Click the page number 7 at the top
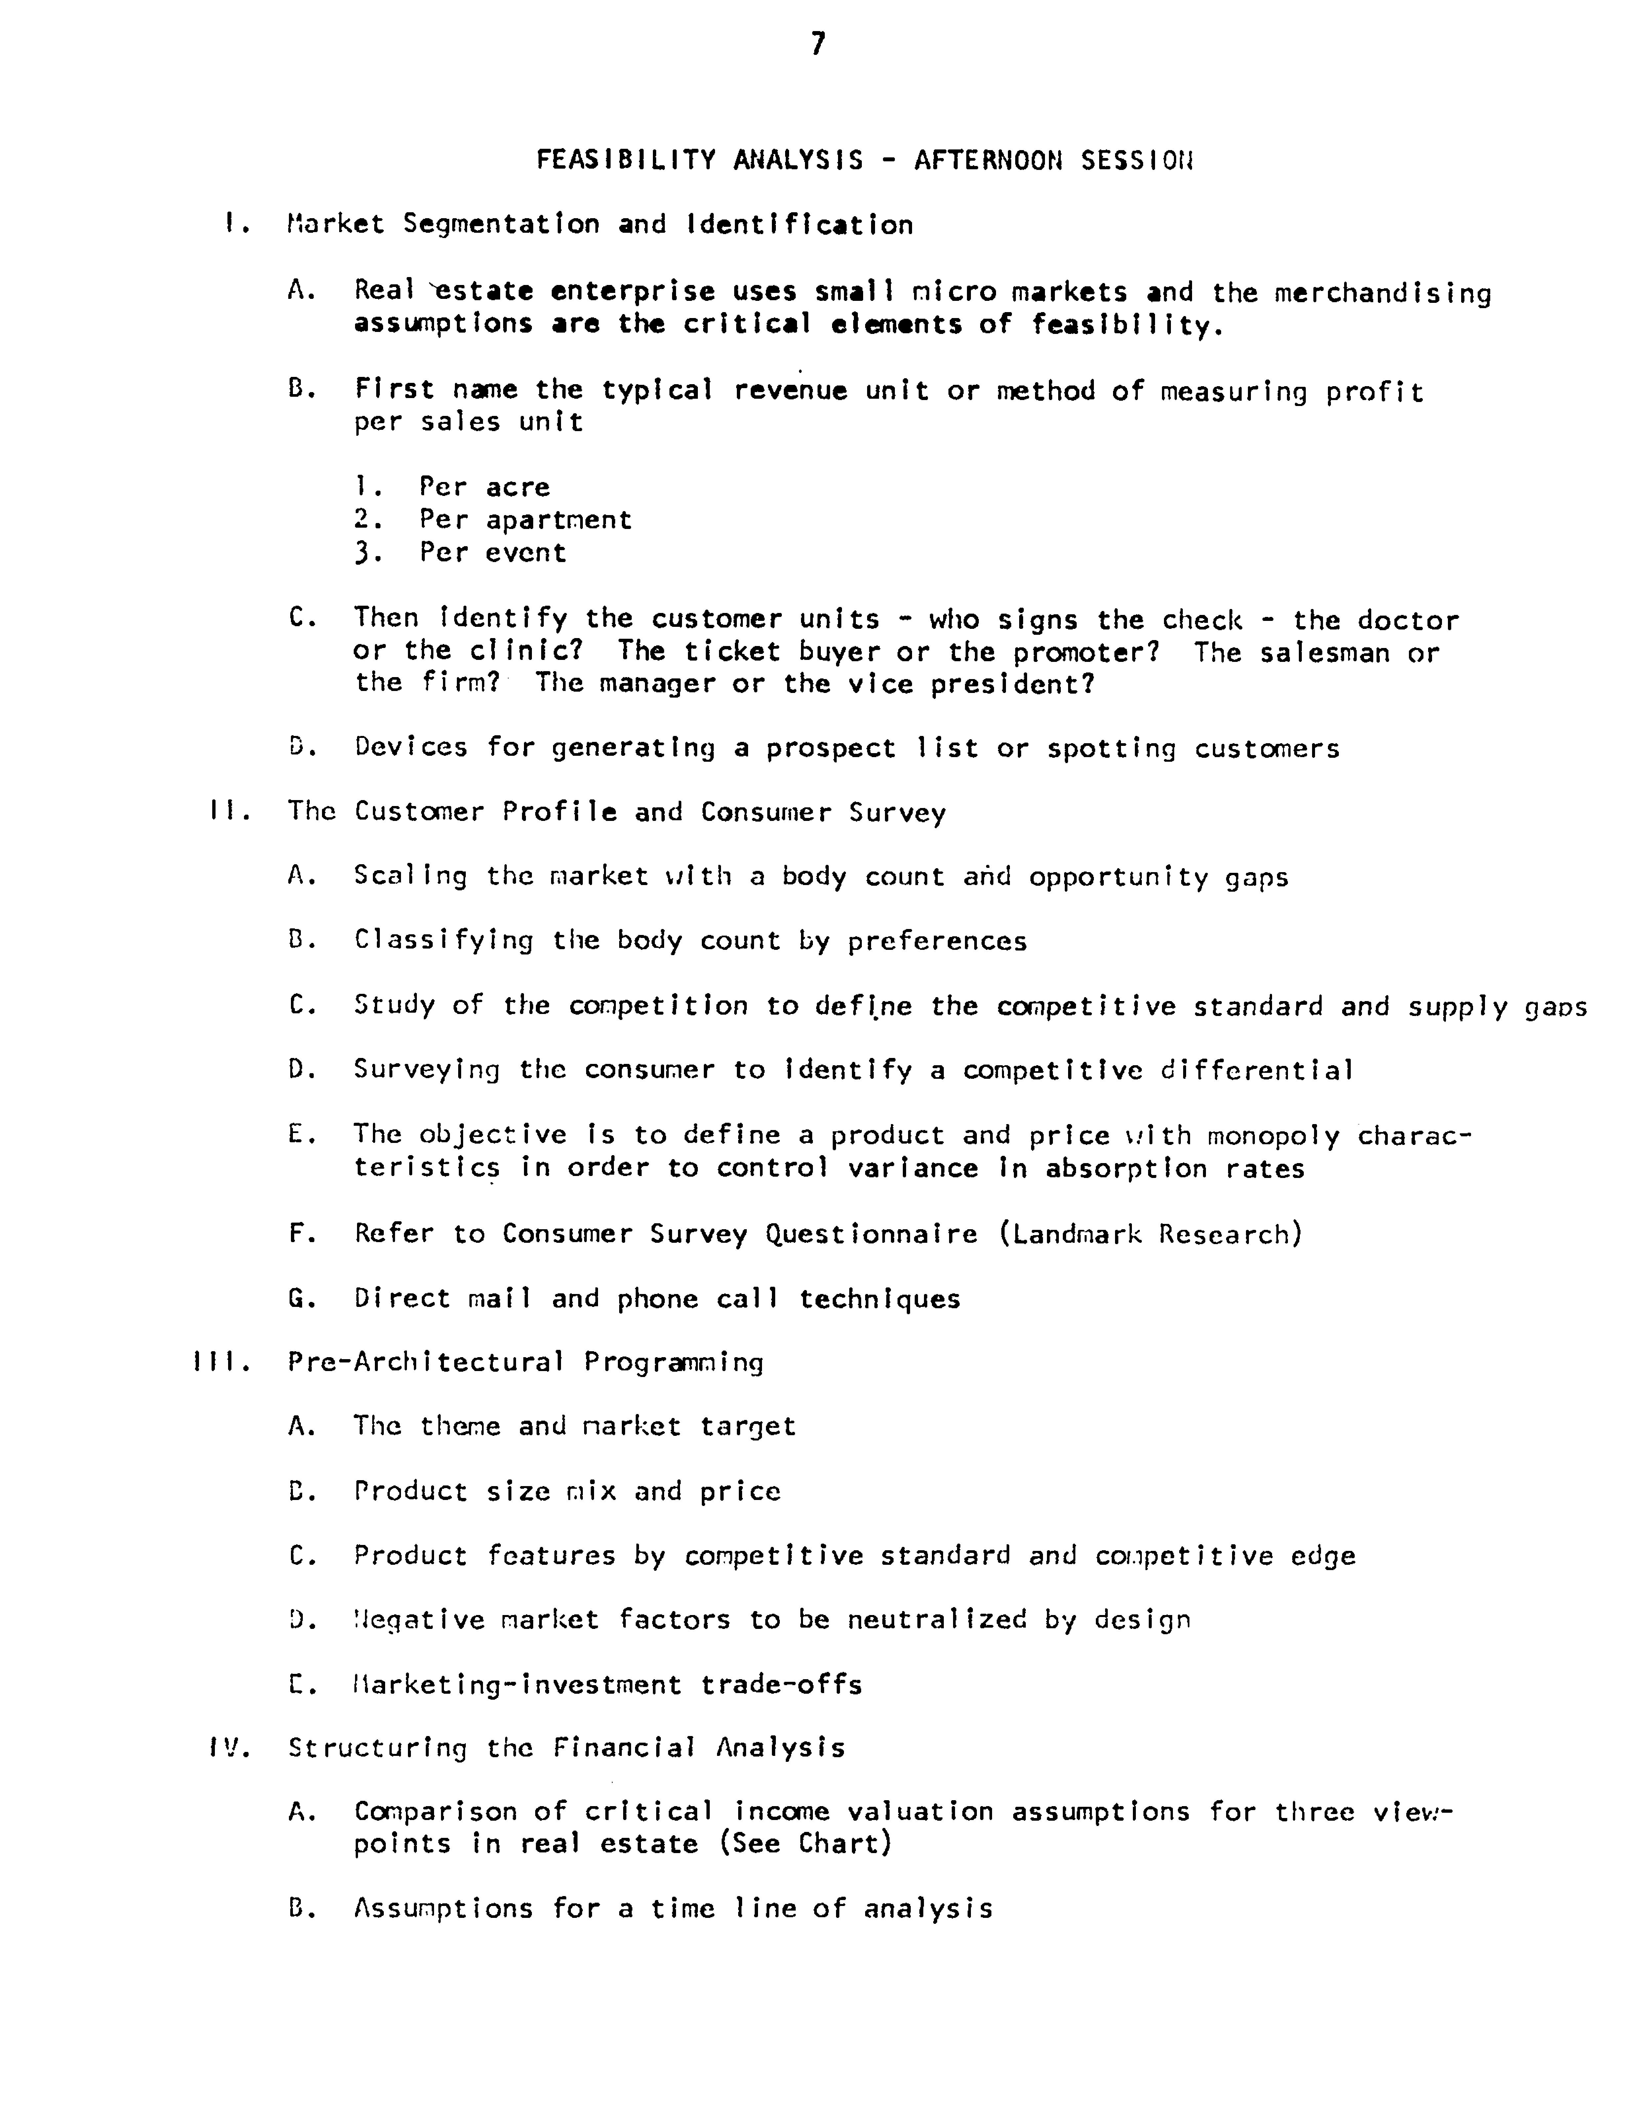point(818,44)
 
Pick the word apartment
point(559,520)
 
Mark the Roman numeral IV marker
point(229,1748)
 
